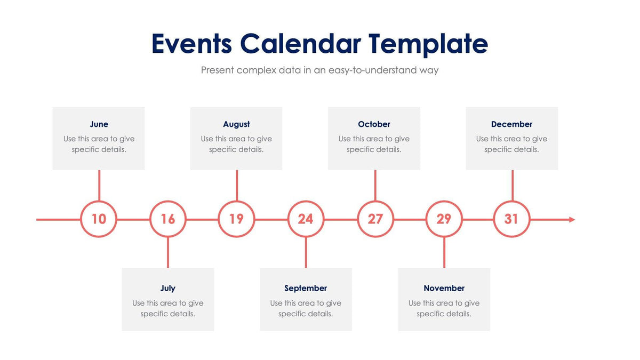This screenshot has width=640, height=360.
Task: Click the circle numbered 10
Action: (x=99, y=219)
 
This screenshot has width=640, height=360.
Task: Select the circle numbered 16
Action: (x=168, y=219)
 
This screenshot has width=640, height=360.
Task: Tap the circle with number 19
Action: (x=236, y=219)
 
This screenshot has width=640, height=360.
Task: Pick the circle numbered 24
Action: (x=306, y=219)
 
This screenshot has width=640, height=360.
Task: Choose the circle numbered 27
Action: (x=375, y=219)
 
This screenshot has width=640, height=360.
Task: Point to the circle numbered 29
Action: (x=444, y=219)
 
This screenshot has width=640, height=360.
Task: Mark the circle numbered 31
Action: (x=511, y=219)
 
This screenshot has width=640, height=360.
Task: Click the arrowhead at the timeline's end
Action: (x=572, y=219)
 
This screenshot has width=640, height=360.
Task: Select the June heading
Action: (x=99, y=124)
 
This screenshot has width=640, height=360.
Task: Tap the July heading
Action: (x=168, y=289)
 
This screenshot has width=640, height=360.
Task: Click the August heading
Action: (x=236, y=124)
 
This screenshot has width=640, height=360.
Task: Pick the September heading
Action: (x=306, y=289)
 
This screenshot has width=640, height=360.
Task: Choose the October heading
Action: (x=374, y=124)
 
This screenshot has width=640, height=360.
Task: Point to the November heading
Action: (x=444, y=289)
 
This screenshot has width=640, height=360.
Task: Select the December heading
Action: (x=511, y=124)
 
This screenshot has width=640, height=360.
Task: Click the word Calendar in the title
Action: (x=300, y=44)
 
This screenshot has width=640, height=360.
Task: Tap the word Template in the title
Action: (x=428, y=44)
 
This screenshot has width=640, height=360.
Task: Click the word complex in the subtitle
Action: (x=256, y=70)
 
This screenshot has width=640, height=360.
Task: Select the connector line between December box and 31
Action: (x=513, y=185)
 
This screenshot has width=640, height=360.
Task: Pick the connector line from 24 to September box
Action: (x=306, y=253)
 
